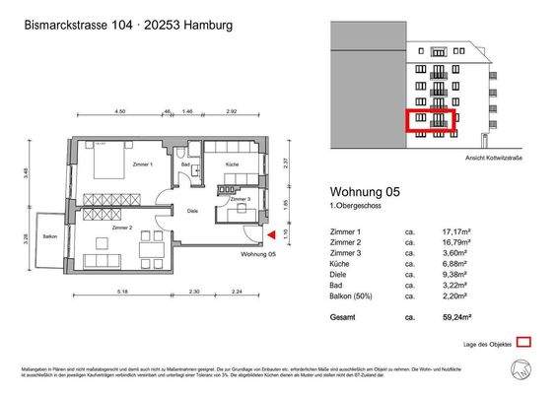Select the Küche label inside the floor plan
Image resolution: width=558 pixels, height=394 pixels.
click(232, 164)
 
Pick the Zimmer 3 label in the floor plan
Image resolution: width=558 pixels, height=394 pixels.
click(240, 200)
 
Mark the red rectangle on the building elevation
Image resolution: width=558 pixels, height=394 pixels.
click(431, 120)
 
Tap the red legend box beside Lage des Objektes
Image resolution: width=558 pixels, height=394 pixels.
click(523, 342)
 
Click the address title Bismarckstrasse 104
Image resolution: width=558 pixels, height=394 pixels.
click(83, 26)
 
